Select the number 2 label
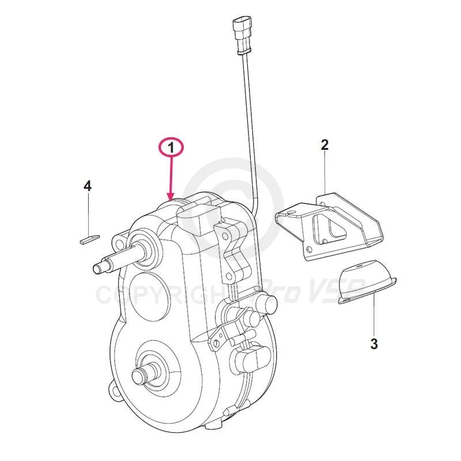tap(324, 145)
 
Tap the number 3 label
tap(374, 345)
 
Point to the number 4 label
tap(88, 186)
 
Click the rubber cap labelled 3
tap(366, 282)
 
